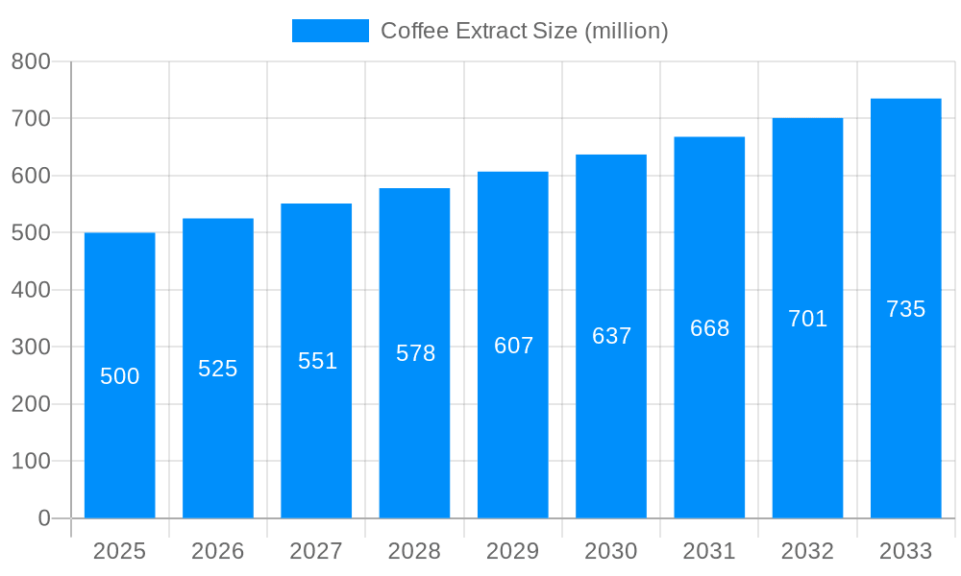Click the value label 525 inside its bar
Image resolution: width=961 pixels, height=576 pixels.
coord(218,369)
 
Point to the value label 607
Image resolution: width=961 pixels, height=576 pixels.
coord(513,346)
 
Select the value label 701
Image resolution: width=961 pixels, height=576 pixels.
coord(807,319)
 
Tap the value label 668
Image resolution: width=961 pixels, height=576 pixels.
coord(709,328)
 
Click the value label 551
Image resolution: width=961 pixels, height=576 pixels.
coord(317,361)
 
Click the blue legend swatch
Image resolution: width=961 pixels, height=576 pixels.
coord(330,31)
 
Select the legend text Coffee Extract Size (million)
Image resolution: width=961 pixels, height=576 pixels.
coord(524,31)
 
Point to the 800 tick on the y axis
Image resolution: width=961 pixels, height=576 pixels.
coord(31,61)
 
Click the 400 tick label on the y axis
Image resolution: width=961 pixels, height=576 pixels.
coord(31,290)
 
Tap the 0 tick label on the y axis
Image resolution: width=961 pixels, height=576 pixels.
coord(43,518)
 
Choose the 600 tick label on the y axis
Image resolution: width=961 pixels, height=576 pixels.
coord(31,176)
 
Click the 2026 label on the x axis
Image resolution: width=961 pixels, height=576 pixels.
coord(218,551)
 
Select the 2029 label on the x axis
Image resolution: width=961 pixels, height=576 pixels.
coord(513,551)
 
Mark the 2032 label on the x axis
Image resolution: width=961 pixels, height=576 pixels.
coord(807,551)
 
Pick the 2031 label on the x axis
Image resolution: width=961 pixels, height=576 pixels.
coord(709,551)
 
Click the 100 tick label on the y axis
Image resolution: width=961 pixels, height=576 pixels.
coord(31,461)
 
